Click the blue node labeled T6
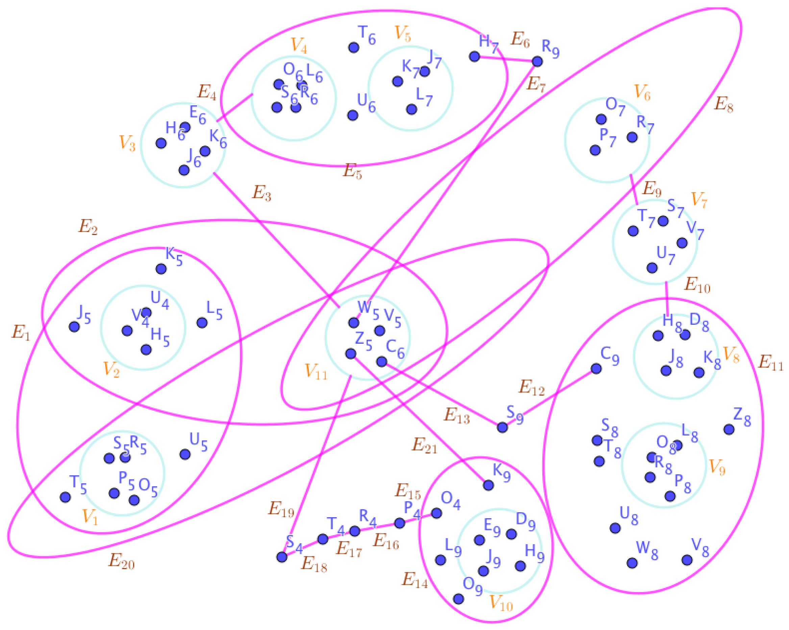coord(353,48)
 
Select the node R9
coord(537,61)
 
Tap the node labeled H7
coord(474,57)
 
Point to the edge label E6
coord(520,39)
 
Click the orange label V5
coord(402,34)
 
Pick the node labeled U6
coord(352,115)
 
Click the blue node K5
coord(161,269)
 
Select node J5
coord(74,327)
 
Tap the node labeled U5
coord(185,454)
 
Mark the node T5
coord(65,497)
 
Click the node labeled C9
coord(596,369)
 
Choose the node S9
coord(502,427)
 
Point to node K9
coord(488,485)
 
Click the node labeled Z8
coord(729,429)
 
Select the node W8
coord(632,563)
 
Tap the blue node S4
coord(282,557)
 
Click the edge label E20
coord(122,561)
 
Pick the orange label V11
coord(316,371)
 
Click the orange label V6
coord(642,92)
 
